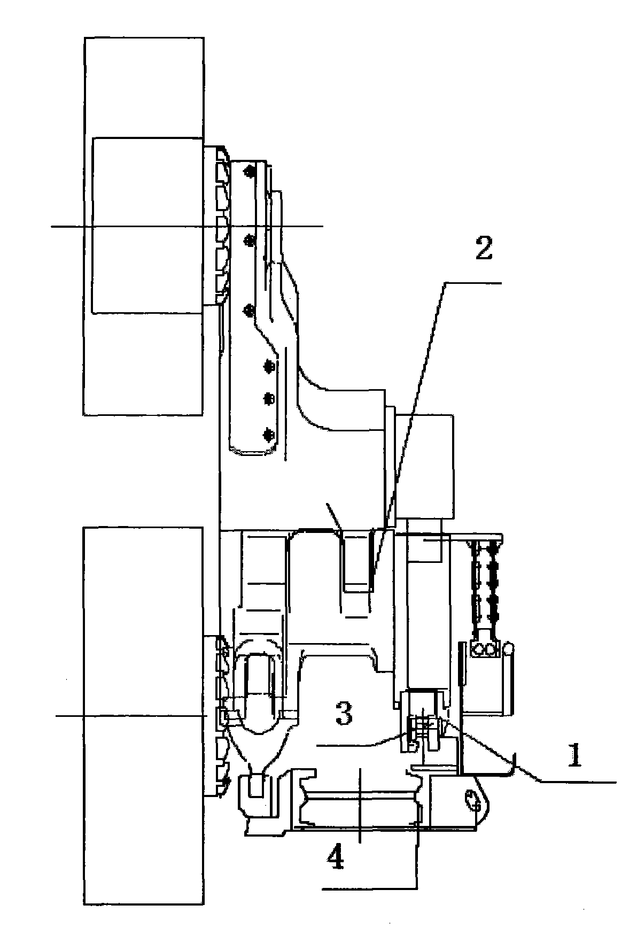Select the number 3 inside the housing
click(x=343, y=714)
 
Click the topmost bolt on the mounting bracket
click(x=247, y=171)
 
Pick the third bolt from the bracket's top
click(x=248, y=311)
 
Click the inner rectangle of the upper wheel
click(x=147, y=225)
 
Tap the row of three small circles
click(x=484, y=650)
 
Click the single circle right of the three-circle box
click(x=509, y=649)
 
